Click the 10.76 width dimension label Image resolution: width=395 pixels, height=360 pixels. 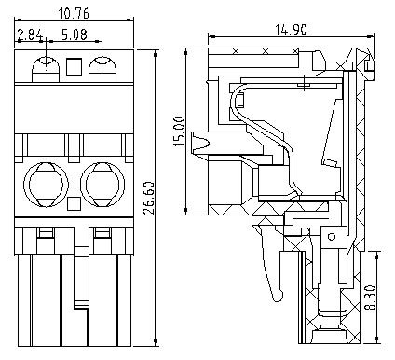(74, 13)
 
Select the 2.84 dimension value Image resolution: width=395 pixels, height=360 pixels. (30, 35)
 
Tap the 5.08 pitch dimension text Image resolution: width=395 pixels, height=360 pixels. (75, 35)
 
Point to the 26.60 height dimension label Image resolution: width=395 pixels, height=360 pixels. (148, 198)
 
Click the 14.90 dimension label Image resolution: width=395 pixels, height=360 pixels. (291, 30)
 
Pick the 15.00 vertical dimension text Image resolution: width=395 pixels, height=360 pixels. (179, 132)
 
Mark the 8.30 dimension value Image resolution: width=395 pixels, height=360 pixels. (370, 298)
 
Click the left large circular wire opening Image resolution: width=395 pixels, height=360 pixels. (46, 185)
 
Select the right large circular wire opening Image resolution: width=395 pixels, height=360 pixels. (102, 185)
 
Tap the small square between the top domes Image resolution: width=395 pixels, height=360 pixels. (75, 66)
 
